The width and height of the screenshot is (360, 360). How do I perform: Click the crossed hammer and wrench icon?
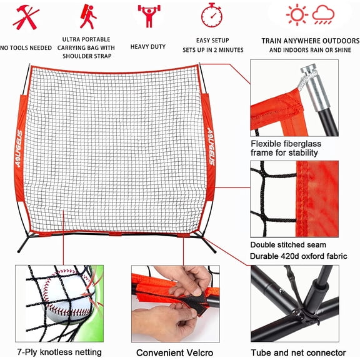(x=26, y=17)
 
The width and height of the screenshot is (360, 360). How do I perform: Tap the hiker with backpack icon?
(x=88, y=16)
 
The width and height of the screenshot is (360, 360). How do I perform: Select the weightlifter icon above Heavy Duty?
(x=148, y=16)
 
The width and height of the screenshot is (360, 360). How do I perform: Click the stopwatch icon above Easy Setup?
(x=212, y=15)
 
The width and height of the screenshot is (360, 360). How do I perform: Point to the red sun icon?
(x=297, y=14)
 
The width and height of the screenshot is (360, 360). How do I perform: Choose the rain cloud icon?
(x=324, y=14)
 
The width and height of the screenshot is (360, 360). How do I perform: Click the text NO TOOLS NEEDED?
(x=26, y=47)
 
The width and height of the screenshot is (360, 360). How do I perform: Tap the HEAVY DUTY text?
(x=148, y=47)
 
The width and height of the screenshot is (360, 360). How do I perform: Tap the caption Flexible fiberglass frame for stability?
(x=286, y=147)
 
